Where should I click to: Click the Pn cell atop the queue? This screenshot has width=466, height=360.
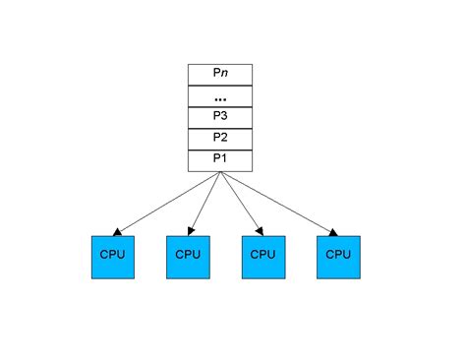[x=220, y=75]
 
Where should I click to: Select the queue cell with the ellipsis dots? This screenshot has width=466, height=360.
[x=220, y=96]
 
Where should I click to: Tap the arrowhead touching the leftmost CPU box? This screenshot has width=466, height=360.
[x=118, y=232]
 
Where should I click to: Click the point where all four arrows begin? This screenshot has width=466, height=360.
[x=221, y=173]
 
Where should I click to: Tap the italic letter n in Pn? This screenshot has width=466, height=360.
[x=224, y=75]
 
